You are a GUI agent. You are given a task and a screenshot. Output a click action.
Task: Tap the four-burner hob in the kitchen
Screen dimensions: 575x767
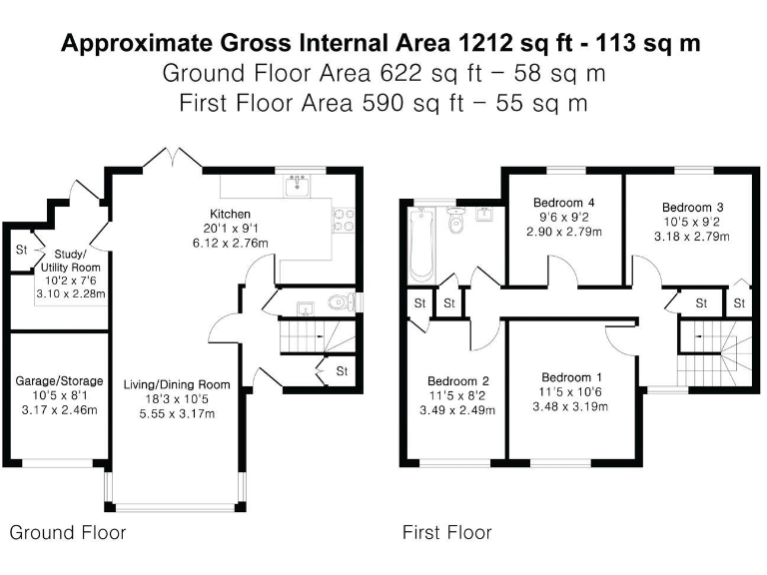coord(345,219)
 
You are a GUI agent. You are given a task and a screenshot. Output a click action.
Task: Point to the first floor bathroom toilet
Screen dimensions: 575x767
coord(456,225)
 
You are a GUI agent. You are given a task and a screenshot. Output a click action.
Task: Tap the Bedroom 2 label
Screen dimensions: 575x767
coord(458,380)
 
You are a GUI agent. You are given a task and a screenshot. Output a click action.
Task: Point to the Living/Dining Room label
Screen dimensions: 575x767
coord(177,384)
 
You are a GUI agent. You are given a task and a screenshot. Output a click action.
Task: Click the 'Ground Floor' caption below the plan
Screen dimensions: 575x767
coord(68,532)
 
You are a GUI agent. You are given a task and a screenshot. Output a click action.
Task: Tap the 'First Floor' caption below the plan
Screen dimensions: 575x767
coord(446,532)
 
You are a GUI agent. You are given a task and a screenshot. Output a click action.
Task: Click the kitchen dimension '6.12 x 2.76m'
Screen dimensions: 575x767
coord(229,243)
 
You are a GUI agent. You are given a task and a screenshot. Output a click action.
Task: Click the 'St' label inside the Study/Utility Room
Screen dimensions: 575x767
coord(20,250)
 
